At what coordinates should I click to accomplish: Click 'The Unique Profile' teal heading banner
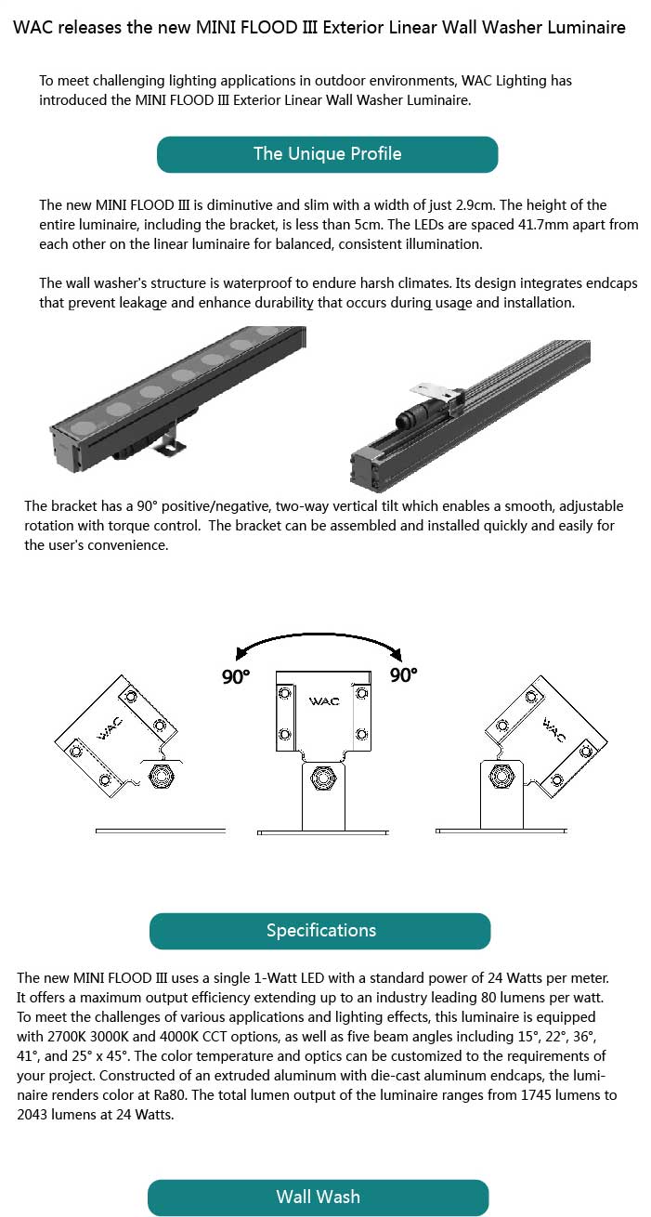(x=328, y=154)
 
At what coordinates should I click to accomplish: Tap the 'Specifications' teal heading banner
(x=320, y=931)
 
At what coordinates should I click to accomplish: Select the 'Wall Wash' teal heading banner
(x=319, y=1197)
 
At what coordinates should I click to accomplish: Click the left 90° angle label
(x=236, y=676)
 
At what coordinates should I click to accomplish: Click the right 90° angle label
(x=404, y=674)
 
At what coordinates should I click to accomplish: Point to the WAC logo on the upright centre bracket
(x=324, y=701)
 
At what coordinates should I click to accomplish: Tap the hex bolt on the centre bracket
(x=323, y=778)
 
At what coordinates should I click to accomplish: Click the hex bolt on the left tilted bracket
(x=163, y=775)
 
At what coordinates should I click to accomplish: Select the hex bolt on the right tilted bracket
(x=501, y=775)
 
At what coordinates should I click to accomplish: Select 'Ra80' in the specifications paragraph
(x=172, y=1094)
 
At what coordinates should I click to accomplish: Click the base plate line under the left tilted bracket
(x=161, y=831)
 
